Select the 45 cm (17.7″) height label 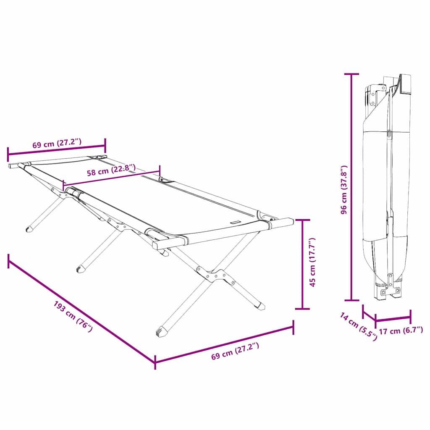[312, 262]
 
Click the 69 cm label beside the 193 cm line [235, 351]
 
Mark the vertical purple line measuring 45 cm [302, 264]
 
